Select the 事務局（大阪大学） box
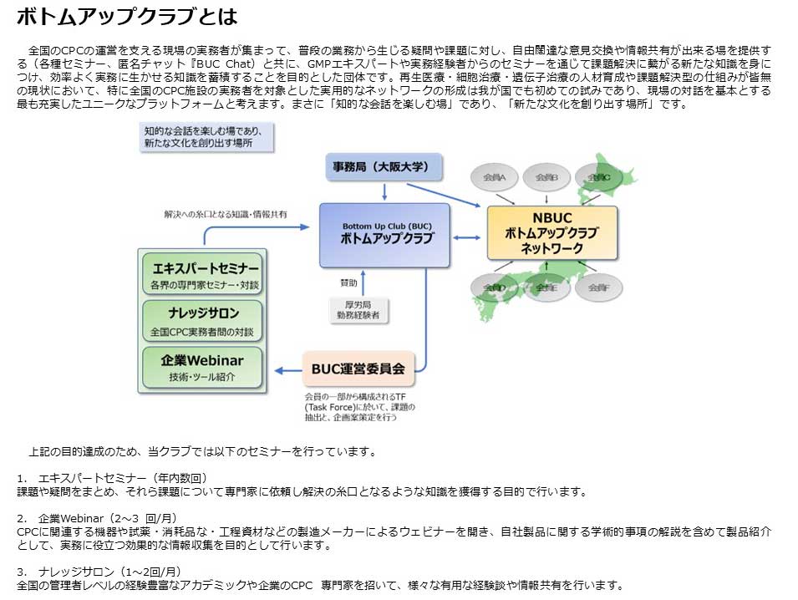pos(383,167)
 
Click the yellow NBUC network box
pos(552,233)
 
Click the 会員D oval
pos(494,287)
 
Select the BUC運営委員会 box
pos(358,368)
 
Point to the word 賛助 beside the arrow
pos(348,281)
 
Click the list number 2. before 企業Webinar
pos(21,518)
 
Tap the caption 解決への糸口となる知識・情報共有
pos(226,215)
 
